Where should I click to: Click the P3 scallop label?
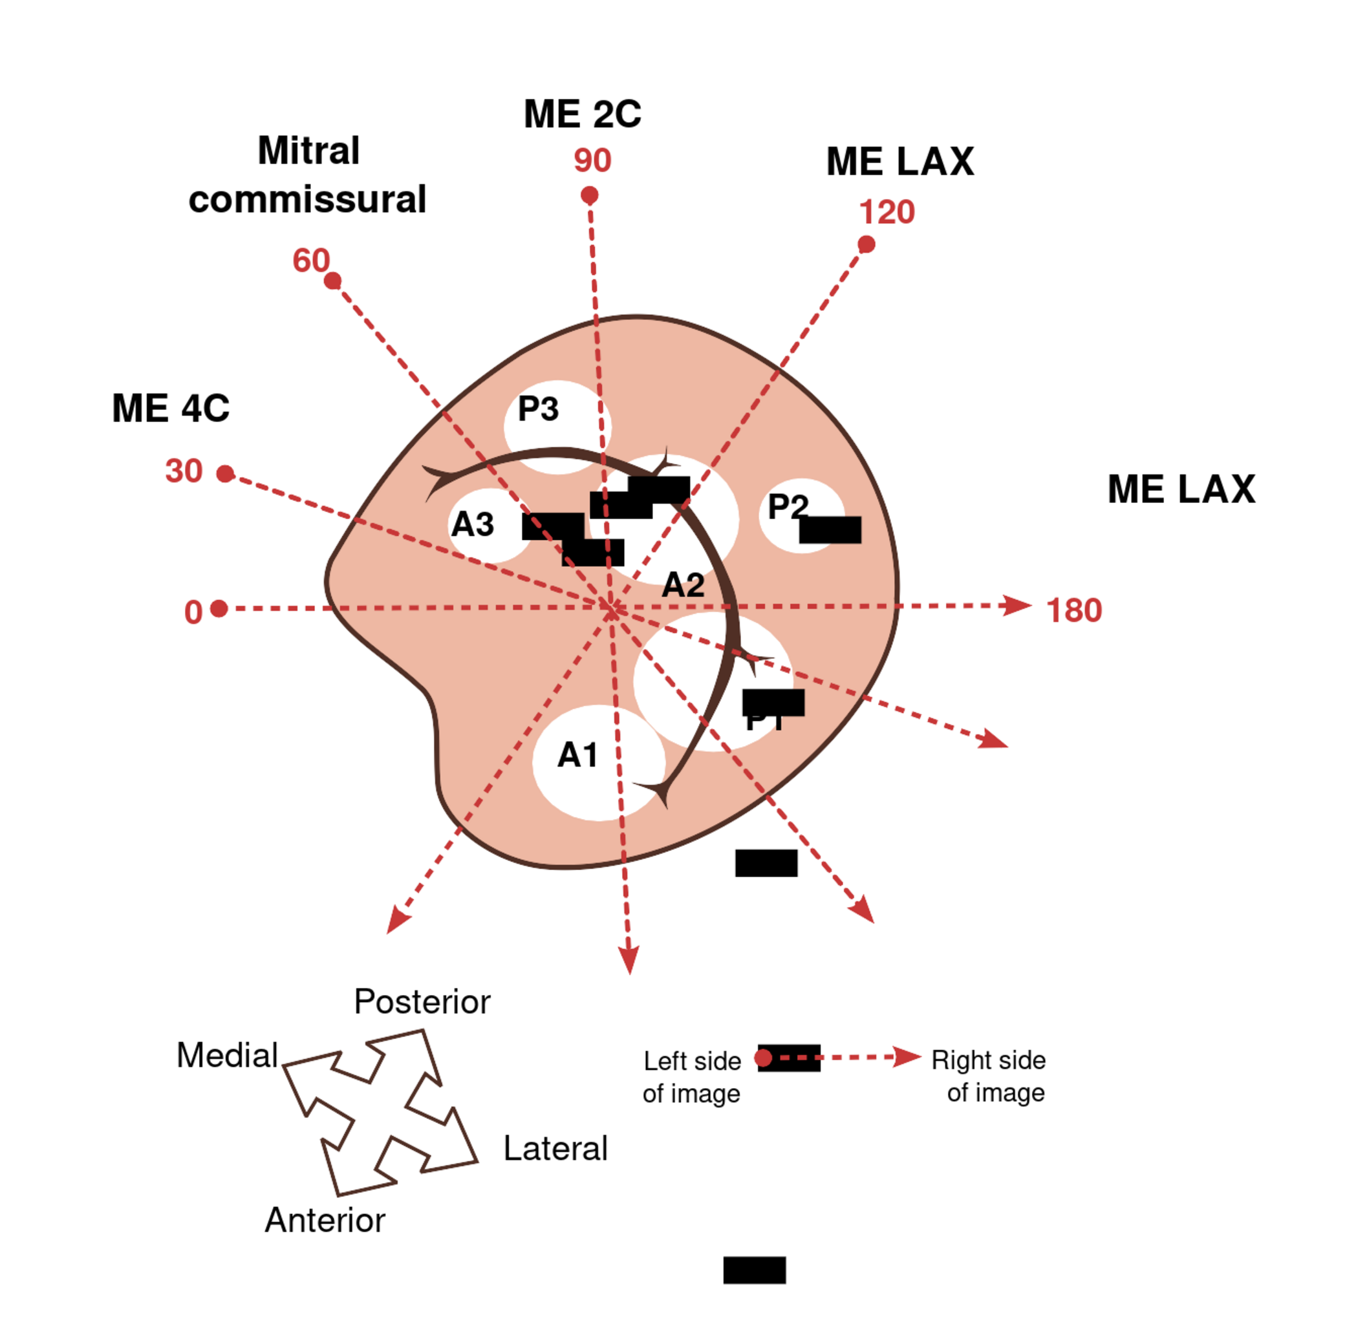[x=538, y=409]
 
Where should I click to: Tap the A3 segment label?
[x=472, y=524]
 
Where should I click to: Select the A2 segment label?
[x=683, y=585]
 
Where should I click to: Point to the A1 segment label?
[x=577, y=755]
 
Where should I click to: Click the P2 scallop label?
[x=787, y=506]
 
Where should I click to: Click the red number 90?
[x=592, y=160]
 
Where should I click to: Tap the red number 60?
[x=310, y=261]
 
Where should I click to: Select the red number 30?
[x=184, y=471]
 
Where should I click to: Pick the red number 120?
[x=887, y=212]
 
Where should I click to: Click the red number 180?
[x=1074, y=610]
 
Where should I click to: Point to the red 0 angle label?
[x=193, y=613]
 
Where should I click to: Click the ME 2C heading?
[x=582, y=114]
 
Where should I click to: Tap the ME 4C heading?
[x=170, y=408]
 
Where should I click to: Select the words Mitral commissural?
[x=307, y=175]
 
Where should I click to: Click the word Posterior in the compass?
[x=422, y=1002]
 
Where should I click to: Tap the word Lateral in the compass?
[x=555, y=1149]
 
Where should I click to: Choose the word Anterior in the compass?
[x=325, y=1221]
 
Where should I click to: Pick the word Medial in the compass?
[x=228, y=1055]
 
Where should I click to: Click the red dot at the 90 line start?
[x=590, y=195]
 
